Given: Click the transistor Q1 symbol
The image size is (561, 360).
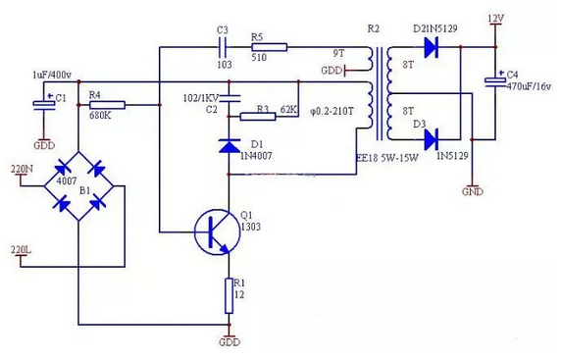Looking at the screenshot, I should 216,232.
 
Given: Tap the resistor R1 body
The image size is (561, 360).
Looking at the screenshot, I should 229,295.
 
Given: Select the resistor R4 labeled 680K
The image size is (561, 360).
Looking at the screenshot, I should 108,103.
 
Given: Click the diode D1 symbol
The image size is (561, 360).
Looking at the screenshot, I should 229,146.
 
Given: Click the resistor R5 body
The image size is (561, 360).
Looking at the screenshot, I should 268,45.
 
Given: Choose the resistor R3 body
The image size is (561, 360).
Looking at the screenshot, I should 260,116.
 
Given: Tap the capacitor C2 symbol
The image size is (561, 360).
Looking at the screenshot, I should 229,97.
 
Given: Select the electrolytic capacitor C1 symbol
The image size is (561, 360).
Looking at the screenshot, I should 43,103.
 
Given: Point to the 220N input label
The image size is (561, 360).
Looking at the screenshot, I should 21,169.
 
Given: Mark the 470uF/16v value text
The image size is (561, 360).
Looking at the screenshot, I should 531,85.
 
